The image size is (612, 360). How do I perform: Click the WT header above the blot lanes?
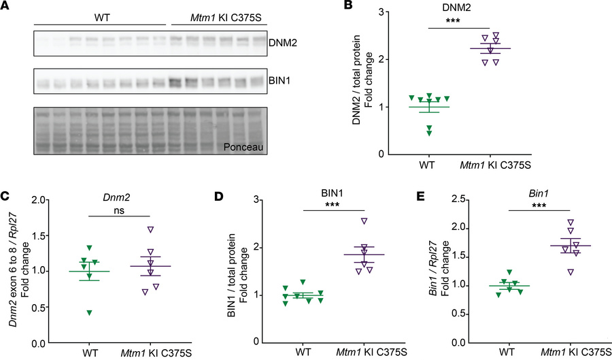(97, 15)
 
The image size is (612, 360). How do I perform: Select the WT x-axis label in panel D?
(305, 352)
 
